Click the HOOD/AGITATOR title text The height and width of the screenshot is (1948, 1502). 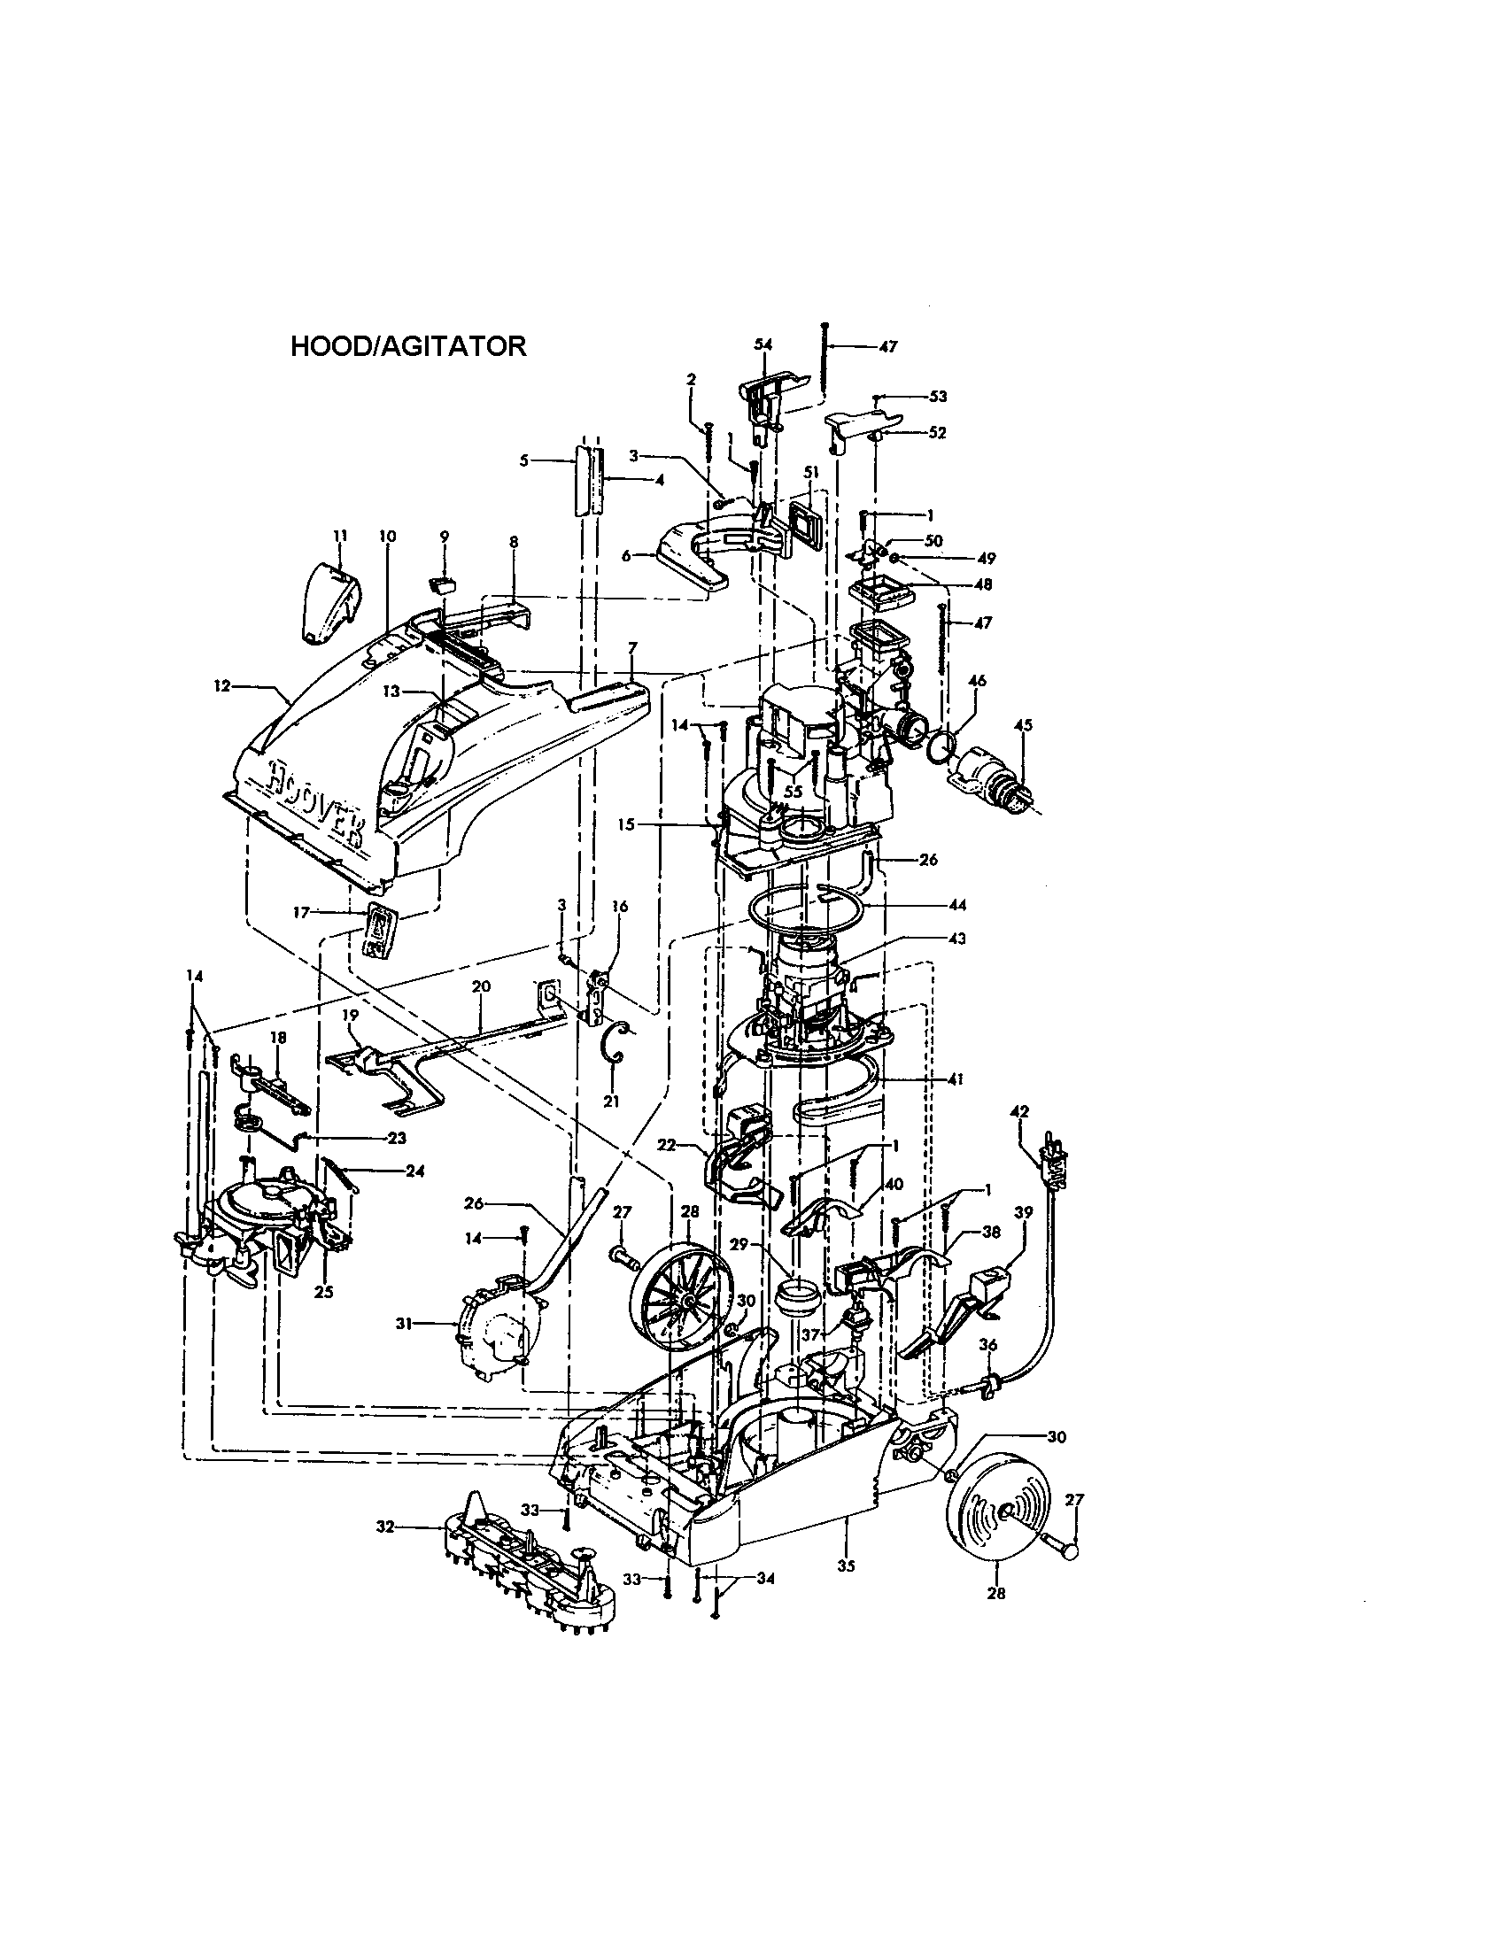tap(408, 347)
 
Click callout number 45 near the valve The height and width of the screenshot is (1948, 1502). tap(1023, 725)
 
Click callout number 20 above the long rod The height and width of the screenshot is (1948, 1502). tap(481, 986)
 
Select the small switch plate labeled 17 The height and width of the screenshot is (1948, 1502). tap(379, 930)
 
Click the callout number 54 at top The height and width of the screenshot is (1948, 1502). tap(763, 344)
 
